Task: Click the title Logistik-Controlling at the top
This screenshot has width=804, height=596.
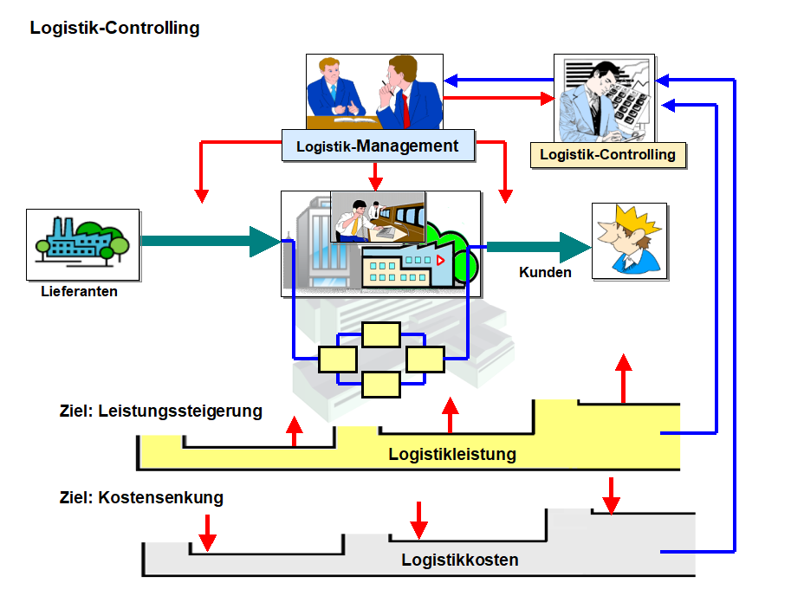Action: pyautogui.click(x=114, y=28)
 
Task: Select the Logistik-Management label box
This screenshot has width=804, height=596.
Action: pyautogui.click(x=378, y=146)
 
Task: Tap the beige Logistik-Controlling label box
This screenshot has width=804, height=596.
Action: pyautogui.click(x=607, y=155)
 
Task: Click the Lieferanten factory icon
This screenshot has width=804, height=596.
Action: pyautogui.click(x=83, y=243)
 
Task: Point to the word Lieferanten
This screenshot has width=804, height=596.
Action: pyautogui.click(x=79, y=292)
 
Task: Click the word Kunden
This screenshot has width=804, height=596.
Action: pyautogui.click(x=545, y=272)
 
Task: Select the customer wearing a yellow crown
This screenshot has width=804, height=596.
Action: pyautogui.click(x=630, y=240)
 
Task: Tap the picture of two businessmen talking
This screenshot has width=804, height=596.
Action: pyautogui.click(x=374, y=91)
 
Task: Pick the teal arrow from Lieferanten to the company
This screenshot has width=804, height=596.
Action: pyautogui.click(x=208, y=241)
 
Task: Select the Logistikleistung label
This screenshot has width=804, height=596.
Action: pyautogui.click(x=452, y=454)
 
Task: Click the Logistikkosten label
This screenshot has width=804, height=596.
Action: pyautogui.click(x=460, y=560)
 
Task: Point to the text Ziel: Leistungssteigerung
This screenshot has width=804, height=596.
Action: pyautogui.click(x=160, y=411)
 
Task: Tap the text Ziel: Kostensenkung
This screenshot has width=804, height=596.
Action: pyautogui.click(x=141, y=498)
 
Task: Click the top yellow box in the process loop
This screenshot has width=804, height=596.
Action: pyautogui.click(x=381, y=335)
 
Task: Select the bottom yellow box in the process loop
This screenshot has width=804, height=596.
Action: pyautogui.click(x=381, y=384)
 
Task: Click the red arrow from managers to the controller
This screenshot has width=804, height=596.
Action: pyautogui.click(x=498, y=99)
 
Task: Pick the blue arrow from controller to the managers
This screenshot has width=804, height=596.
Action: pyautogui.click(x=498, y=81)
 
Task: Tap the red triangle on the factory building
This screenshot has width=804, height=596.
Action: pyautogui.click(x=440, y=259)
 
